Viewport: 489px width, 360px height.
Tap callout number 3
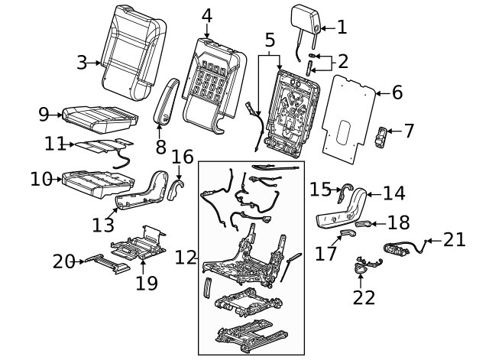pyautogui.click(x=82, y=63)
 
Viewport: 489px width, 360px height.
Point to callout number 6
pyautogui.click(x=397, y=93)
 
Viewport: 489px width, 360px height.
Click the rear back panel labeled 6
pyautogui.click(x=348, y=115)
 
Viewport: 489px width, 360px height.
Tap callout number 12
pyautogui.click(x=186, y=257)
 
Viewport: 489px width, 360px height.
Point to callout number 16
pyautogui.click(x=183, y=157)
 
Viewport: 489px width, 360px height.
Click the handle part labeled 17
pyautogui.click(x=348, y=233)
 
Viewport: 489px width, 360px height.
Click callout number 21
pyautogui.click(x=454, y=240)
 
